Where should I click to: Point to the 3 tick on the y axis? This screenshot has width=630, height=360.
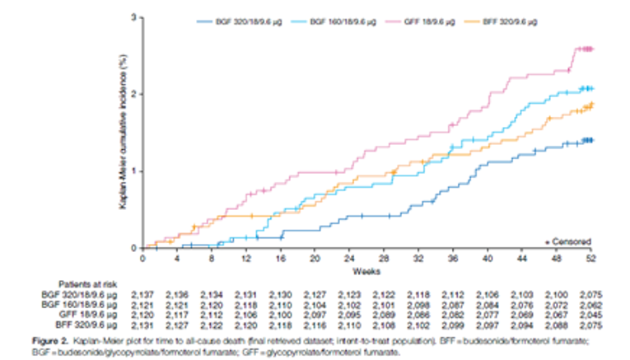(134, 17)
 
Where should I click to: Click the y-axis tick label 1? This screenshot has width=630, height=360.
(134, 171)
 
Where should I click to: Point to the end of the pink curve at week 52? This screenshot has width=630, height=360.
(590, 49)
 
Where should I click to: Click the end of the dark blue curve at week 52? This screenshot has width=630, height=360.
(590, 140)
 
